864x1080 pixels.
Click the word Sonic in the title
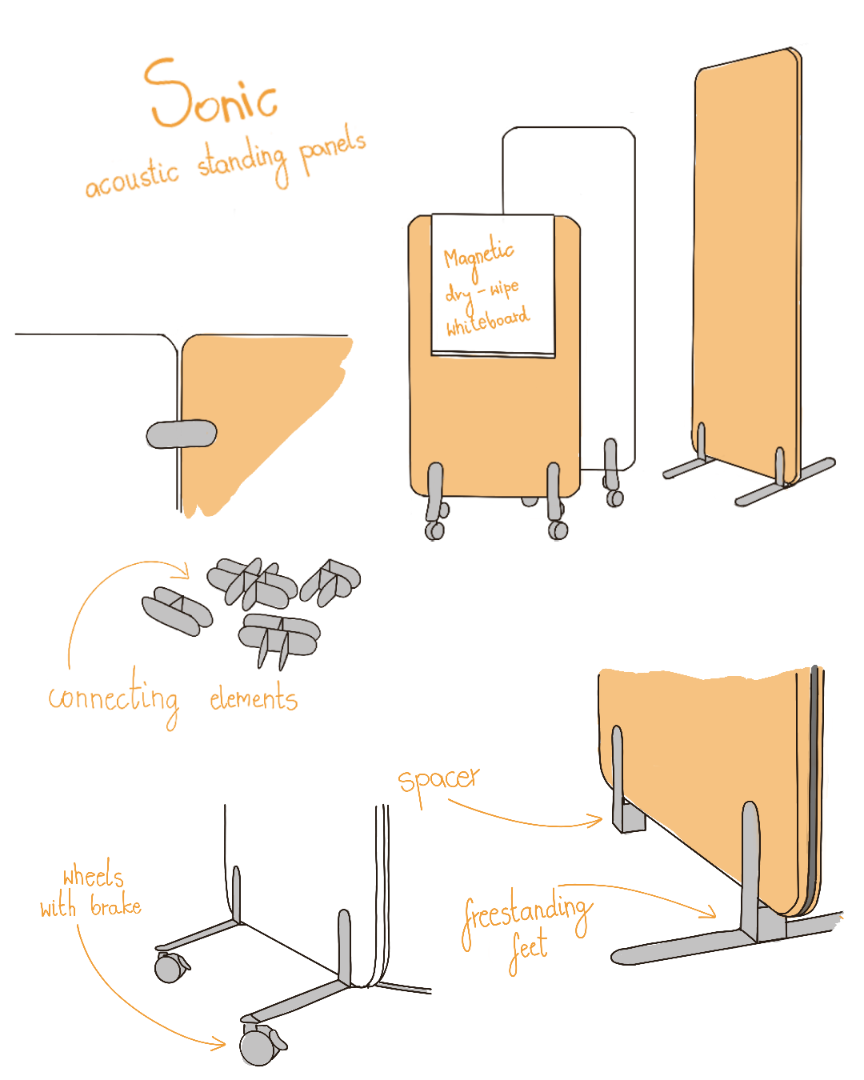pyautogui.click(x=212, y=94)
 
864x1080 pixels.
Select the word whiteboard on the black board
pyautogui.click(x=487, y=321)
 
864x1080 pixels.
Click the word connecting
pyautogui.click(x=114, y=698)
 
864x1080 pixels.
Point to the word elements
pyautogui.click(x=254, y=699)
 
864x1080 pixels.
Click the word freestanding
pyautogui.click(x=527, y=914)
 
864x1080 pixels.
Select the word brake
pyautogui.click(x=116, y=906)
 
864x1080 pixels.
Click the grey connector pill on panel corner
pyautogui.click(x=182, y=434)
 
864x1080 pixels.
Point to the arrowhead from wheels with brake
pyautogui.click(x=222, y=1042)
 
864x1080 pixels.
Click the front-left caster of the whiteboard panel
pyautogui.click(x=436, y=529)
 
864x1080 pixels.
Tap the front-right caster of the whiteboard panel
pyautogui.click(x=558, y=529)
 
